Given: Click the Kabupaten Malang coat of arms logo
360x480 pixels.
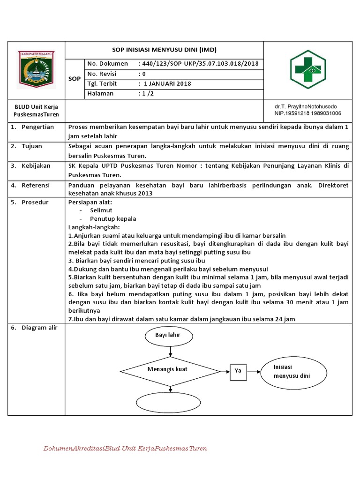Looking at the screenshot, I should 36,70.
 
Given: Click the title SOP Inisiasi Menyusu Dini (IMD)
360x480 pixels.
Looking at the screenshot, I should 164,50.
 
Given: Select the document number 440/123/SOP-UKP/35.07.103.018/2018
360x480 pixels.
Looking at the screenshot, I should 199,64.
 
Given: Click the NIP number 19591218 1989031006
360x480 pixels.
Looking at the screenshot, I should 308,113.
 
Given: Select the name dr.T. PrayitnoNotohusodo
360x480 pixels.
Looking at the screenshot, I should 306,106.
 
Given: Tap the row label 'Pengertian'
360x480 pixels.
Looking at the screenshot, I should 37,127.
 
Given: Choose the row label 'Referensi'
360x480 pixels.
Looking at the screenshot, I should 36,185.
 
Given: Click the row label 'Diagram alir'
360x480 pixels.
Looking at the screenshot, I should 39,328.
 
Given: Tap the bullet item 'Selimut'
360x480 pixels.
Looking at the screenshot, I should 101,210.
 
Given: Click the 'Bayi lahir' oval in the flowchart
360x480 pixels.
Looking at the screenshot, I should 167,335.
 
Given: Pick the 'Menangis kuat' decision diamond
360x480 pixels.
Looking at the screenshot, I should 167,369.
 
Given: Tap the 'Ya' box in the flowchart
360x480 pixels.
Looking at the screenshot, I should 238,371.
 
